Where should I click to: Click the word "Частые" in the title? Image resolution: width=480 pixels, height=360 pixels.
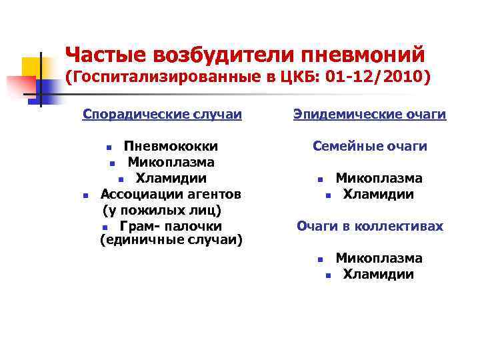point(105,53)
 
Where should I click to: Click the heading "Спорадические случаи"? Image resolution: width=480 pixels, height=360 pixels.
point(162,115)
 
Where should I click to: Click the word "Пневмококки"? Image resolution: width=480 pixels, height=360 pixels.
point(171,146)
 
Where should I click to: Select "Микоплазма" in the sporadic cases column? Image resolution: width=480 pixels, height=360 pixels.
point(171,162)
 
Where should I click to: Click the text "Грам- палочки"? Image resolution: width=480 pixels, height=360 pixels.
point(171,226)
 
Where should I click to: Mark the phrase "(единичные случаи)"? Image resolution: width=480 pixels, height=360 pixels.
point(171,239)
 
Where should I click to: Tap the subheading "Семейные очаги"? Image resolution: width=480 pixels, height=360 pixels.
point(370,146)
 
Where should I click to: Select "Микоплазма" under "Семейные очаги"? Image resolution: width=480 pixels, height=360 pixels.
point(379,178)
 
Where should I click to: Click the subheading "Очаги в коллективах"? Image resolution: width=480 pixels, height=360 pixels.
point(370,226)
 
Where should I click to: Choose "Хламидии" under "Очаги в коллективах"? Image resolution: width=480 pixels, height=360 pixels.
point(379,274)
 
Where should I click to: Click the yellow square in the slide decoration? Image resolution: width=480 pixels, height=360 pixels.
point(31,67)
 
